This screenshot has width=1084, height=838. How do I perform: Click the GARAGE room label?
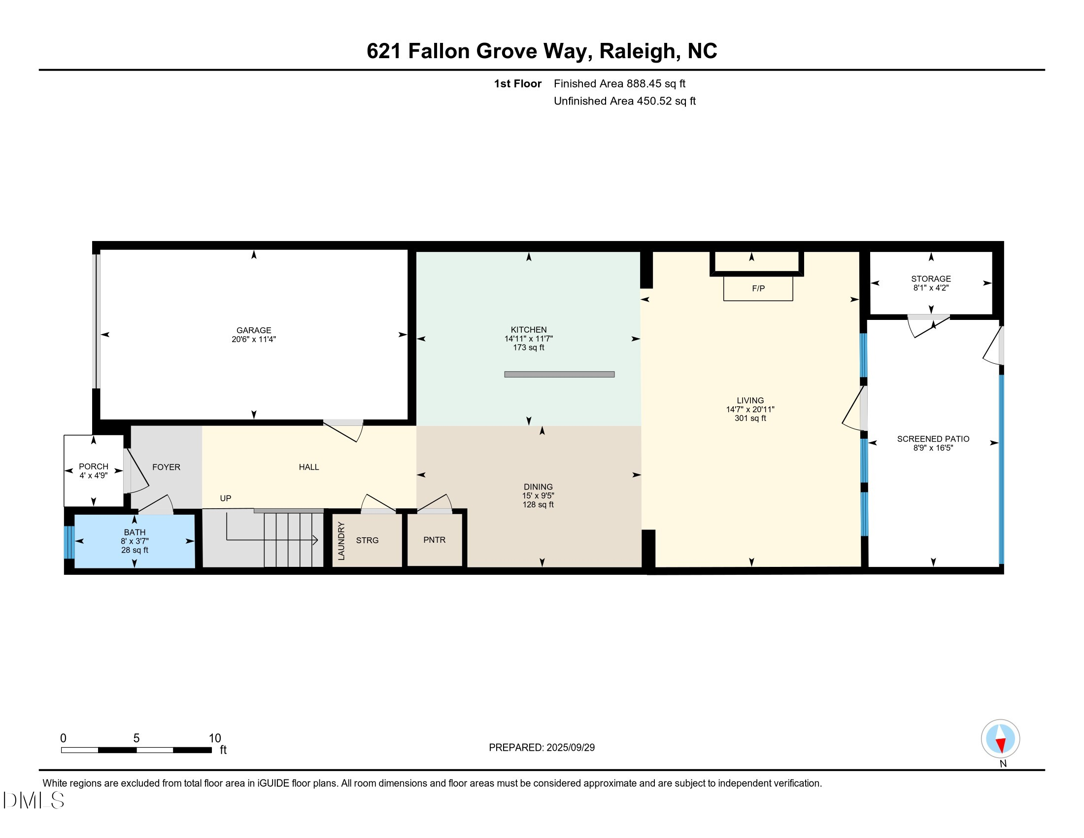254,330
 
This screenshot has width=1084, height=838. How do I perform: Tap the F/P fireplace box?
758,288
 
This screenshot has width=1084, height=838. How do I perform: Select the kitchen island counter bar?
559,374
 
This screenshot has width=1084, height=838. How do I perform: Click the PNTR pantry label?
434,540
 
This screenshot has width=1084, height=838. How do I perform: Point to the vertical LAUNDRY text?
341,541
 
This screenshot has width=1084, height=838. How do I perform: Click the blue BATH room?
135,541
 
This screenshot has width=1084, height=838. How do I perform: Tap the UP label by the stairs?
225,498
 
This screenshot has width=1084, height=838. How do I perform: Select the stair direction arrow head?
315,540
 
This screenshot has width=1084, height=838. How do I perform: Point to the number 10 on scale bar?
214,738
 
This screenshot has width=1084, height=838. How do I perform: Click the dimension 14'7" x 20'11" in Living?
750,410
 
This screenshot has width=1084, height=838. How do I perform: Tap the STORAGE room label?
931,279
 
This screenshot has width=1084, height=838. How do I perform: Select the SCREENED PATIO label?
933,439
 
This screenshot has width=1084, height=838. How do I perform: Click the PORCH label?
93,467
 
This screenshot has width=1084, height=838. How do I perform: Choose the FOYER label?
166,467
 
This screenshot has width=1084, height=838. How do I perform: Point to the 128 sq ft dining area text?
538,504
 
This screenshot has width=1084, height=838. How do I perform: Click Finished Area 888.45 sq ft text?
619,83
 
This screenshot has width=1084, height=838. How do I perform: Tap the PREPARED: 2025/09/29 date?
542,748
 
